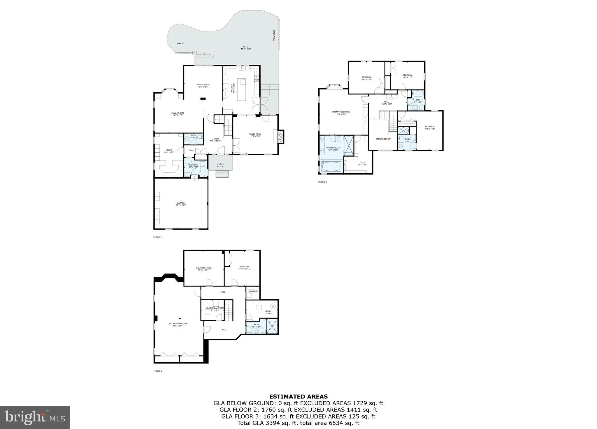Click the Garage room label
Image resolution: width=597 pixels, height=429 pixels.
(x=181, y=204)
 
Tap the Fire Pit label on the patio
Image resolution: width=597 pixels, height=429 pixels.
(x=181, y=43)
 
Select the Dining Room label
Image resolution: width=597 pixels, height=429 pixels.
(x=203, y=86)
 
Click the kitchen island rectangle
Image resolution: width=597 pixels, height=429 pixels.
(x=242, y=89)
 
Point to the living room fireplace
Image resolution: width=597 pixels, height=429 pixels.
(x=280, y=137)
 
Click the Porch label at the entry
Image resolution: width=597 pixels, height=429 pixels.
(x=221, y=165)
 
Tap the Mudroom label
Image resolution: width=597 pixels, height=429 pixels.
(x=193, y=166)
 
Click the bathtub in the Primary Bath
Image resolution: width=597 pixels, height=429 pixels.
(x=331, y=167)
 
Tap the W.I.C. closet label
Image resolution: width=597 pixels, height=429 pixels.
(x=363, y=163)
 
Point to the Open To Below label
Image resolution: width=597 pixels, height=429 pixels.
(x=383, y=139)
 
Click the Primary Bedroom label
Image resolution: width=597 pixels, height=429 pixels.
(x=341, y=113)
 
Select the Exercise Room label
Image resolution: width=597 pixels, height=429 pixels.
(x=204, y=269)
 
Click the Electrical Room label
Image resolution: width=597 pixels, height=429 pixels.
(x=215, y=309)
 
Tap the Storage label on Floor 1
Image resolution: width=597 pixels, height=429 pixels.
(x=253, y=291)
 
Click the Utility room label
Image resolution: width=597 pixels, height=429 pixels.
(x=268, y=312)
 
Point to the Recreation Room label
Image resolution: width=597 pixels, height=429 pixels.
(x=178, y=324)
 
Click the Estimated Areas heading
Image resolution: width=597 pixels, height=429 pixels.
(x=298, y=396)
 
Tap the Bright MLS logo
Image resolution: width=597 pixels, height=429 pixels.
(x=35, y=418)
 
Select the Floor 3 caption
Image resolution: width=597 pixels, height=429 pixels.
(x=322, y=182)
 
